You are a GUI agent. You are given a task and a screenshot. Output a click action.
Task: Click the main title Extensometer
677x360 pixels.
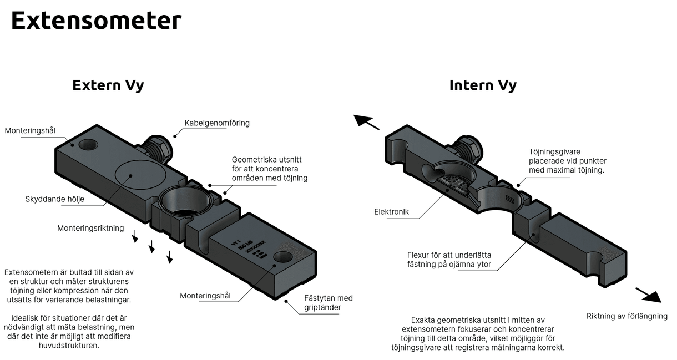tap(96, 20)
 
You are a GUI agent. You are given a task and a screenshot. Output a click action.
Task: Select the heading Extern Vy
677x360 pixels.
tap(108, 85)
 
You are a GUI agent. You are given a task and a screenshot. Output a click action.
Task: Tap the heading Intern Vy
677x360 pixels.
tap(483, 85)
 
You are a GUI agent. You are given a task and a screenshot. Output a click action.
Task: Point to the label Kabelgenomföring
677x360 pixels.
tap(217, 123)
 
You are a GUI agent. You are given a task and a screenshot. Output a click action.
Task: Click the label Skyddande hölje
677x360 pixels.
tap(55, 199)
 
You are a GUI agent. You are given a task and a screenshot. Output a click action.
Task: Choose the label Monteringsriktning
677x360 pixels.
tap(90, 228)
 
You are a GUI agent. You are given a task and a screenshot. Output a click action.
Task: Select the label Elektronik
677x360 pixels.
tap(391, 212)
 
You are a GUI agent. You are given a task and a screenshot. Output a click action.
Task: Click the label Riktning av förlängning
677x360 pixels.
tap(627, 316)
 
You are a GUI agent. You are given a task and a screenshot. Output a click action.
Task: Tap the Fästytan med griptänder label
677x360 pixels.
tap(328, 303)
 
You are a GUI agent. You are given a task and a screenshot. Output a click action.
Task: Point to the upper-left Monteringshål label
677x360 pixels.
tap(30, 130)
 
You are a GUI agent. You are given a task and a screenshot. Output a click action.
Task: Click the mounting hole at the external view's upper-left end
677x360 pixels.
tap(88, 144)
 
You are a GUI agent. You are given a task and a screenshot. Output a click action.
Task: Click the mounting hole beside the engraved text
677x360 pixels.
tap(283, 257)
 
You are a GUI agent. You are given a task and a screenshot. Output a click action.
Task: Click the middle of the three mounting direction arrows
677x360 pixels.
tap(151, 247)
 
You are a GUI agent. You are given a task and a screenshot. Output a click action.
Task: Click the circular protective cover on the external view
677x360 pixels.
tap(141, 175)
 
